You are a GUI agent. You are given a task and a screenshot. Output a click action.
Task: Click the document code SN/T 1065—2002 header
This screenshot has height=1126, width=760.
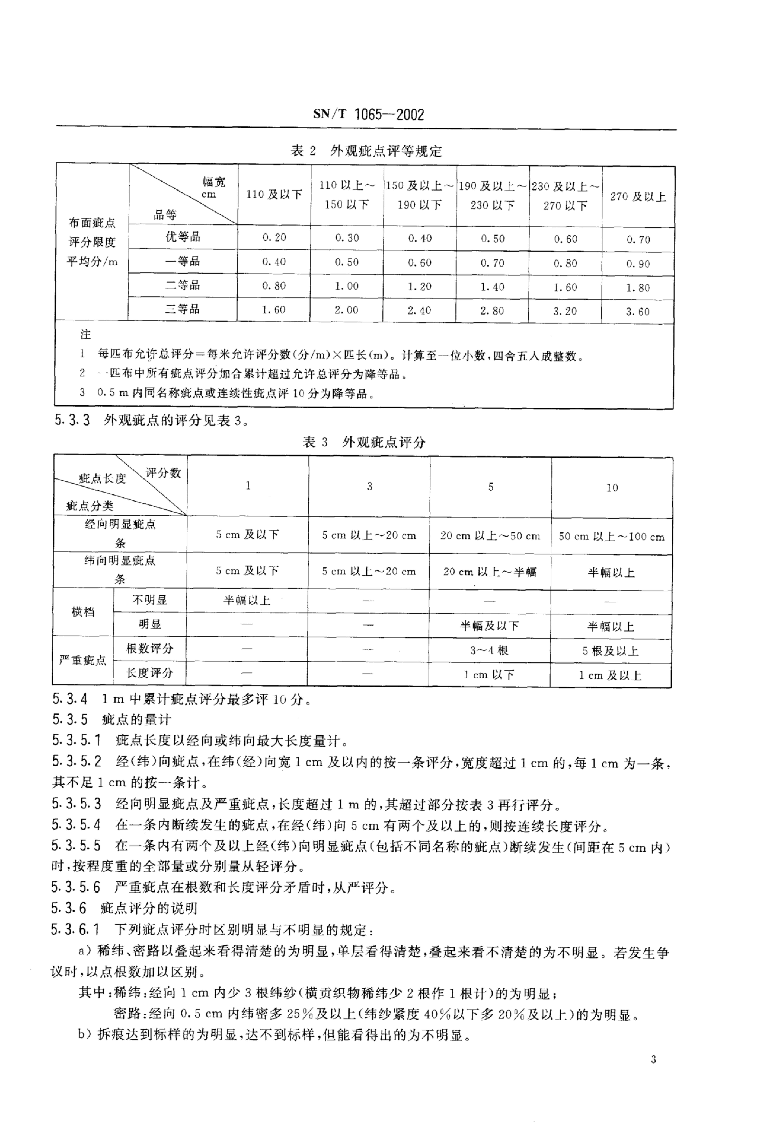coord(368,115)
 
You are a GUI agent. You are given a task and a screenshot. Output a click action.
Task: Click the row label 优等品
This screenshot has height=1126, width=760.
coord(183,237)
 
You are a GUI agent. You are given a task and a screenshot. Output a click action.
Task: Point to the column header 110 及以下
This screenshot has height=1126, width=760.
coord(274,195)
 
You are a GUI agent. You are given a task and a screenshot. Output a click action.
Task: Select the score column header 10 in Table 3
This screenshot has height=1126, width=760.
coord(612,487)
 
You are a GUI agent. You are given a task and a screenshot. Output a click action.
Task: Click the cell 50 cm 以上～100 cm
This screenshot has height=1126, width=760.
coord(611,536)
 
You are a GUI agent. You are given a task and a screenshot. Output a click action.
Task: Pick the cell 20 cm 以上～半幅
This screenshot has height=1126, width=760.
coord(490,572)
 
